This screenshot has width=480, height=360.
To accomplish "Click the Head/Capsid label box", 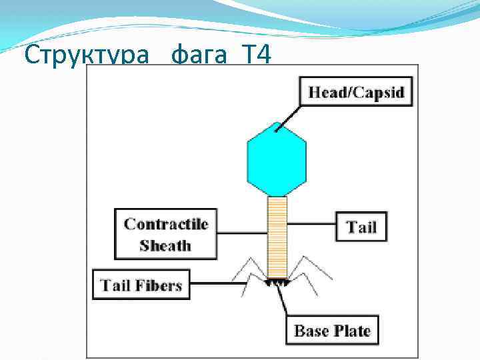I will [356, 92].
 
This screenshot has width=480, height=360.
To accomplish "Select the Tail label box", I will [361, 227].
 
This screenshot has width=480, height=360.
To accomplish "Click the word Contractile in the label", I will [166, 224].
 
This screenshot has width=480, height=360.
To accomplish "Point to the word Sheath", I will [165, 245].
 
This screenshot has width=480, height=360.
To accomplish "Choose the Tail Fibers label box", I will [141, 286].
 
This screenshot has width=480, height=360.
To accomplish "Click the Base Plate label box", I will [332, 331].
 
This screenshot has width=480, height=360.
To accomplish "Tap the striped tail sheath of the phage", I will [277, 237].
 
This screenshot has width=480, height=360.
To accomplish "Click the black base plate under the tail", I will [277, 283].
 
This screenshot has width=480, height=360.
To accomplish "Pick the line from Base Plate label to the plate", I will [286, 303].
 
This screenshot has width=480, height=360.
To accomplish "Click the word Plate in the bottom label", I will [351, 331].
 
